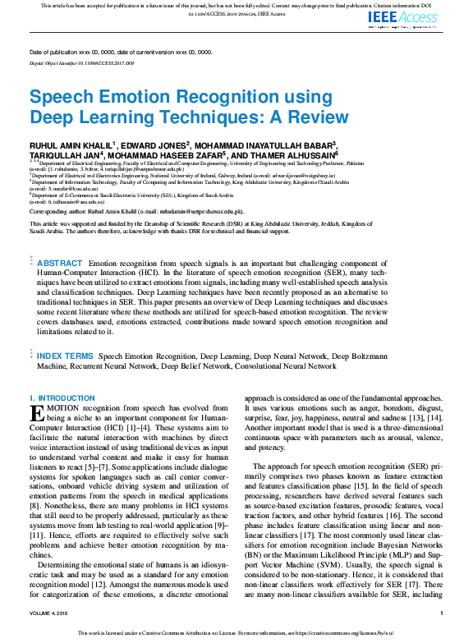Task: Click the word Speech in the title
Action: click(x=66, y=96)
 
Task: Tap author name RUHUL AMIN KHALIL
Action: click(x=71, y=145)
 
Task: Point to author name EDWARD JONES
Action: click(x=154, y=145)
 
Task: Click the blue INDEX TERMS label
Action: click(x=65, y=356)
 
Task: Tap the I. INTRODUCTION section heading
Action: click(x=62, y=398)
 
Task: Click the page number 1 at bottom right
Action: click(x=441, y=613)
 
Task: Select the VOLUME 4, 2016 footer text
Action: click(x=51, y=613)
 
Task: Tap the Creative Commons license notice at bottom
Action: click(x=236, y=633)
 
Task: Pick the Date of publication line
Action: click(x=121, y=52)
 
